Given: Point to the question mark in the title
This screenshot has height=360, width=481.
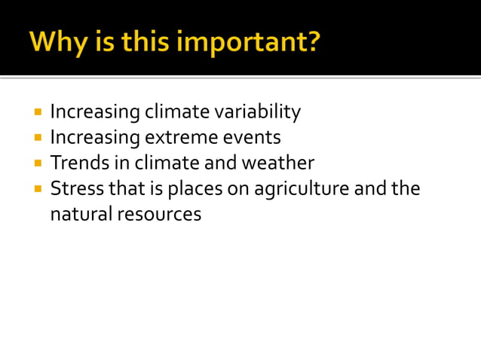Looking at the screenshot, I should (x=312, y=41).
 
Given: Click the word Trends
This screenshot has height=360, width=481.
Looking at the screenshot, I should (x=75, y=163).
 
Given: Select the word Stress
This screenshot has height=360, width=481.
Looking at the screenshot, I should (x=72, y=188).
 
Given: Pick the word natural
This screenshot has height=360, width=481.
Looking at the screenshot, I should (x=81, y=214).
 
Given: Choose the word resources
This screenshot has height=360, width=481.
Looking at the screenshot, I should (x=159, y=214).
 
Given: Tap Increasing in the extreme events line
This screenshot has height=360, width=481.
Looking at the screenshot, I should (x=95, y=138).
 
